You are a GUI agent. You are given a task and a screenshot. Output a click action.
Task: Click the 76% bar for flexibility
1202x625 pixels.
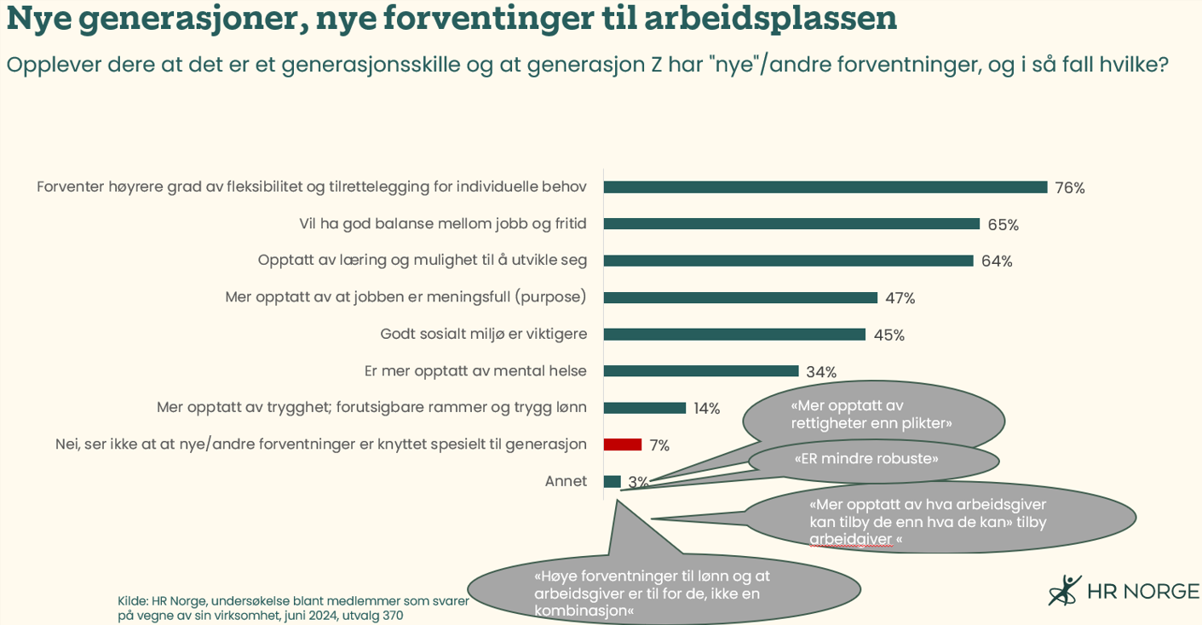[x=825, y=187]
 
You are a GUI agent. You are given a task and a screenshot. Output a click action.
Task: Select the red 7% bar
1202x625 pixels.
[x=622, y=444]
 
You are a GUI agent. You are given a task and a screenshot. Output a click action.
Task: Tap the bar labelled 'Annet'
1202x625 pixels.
[x=612, y=481]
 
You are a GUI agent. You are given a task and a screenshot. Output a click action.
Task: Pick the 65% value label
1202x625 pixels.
[x=1003, y=225]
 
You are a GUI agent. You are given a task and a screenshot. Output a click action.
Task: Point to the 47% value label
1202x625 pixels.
[x=900, y=298]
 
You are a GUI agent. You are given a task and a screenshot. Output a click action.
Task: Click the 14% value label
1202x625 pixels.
[x=706, y=409]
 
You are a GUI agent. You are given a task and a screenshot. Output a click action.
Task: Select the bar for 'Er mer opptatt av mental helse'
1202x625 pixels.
[x=700, y=371]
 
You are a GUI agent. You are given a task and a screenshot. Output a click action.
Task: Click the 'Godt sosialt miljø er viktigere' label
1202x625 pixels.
[x=483, y=334]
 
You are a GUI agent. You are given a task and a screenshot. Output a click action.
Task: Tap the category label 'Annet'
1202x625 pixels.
[x=566, y=481]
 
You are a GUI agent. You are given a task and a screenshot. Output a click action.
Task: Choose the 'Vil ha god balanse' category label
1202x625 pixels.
[x=442, y=224]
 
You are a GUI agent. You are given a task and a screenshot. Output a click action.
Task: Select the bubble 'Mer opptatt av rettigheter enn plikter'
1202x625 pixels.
[x=871, y=415]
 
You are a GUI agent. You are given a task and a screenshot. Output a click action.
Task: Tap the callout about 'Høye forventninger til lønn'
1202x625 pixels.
[x=664, y=593]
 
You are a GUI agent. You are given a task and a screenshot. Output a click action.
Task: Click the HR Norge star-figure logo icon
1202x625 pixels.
[x=1063, y=590]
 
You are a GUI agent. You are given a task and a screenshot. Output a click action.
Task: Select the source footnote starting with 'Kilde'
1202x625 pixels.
[x=292, y=607]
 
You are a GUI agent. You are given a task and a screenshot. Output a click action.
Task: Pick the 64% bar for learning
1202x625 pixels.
[x=788, y=261]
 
